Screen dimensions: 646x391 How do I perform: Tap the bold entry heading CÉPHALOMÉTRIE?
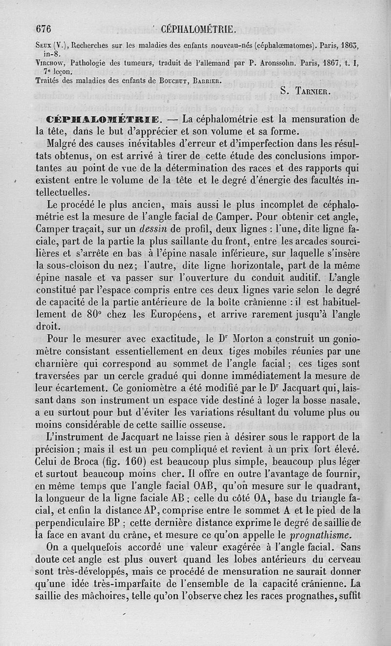pos(109,119)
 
